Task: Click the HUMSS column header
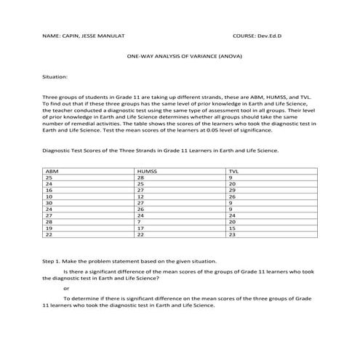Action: pos(146,171)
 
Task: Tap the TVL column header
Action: pos(233,171)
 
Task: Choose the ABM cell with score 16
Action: pos(49,190)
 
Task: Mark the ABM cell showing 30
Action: pos(49,203)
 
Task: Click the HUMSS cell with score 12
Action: pos(140,196)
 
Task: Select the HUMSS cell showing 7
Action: pos(139,222)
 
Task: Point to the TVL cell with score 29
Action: pos(231,190)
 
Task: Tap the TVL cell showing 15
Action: pos(231,228)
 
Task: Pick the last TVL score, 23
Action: pos(231,235)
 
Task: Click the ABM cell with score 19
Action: pos(49,228)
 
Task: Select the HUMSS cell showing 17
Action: pos(140,228)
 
